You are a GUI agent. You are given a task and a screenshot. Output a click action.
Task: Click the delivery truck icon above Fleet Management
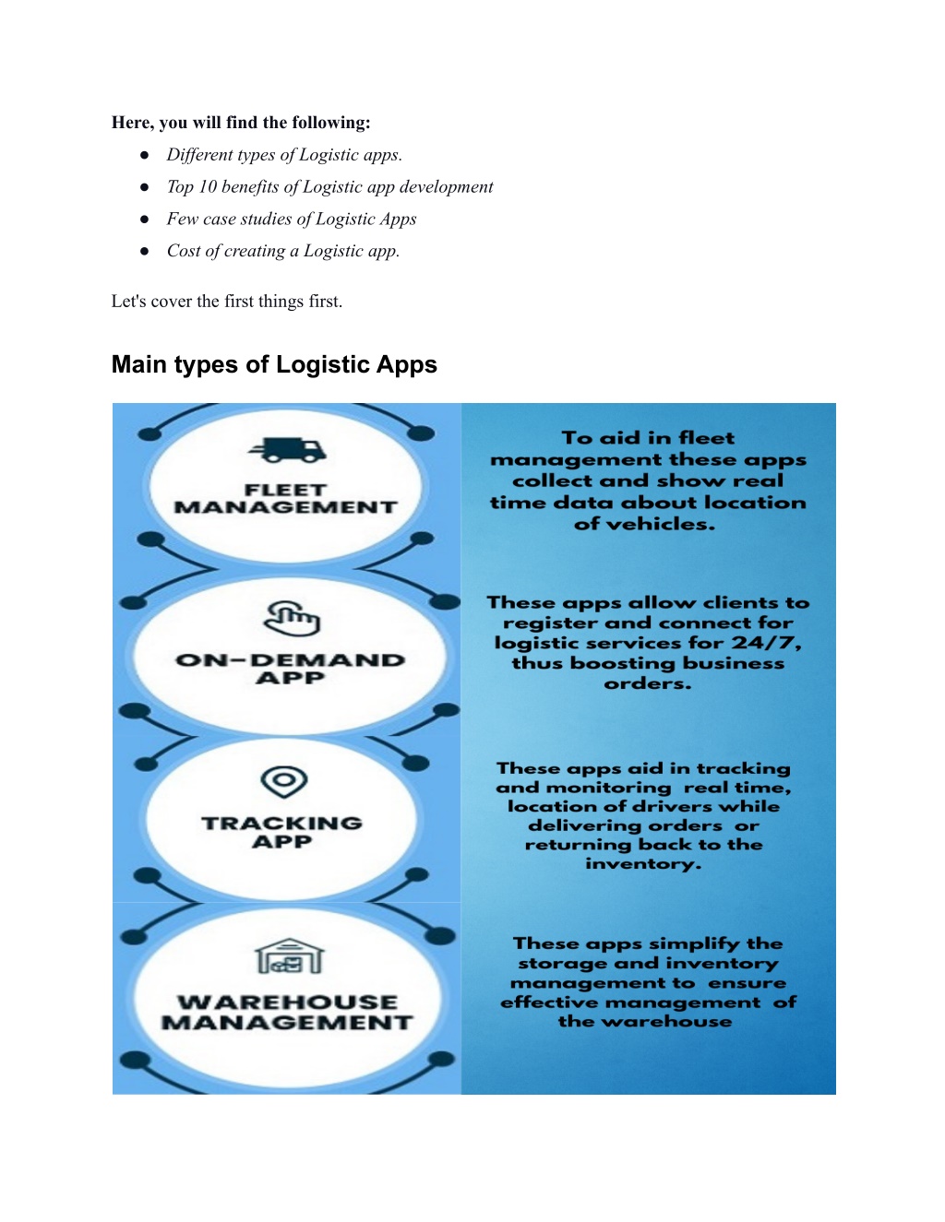click(x=287, y=450)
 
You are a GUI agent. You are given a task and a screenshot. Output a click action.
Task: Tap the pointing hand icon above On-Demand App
click(x=292, y=618)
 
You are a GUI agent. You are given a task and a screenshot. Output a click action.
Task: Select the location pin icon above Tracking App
click(x=284, y=782)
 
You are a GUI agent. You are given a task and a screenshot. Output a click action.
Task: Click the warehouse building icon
click(x=290, y=956)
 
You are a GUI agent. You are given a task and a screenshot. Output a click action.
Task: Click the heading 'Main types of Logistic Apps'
click(x=274, y=364)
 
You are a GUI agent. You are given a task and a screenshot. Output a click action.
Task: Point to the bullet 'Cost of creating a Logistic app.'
click(x=283, y=251)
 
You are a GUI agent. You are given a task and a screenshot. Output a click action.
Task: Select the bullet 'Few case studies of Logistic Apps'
click(x=292, y=219)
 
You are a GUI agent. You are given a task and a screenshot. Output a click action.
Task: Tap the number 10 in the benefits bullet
click(x=208, y=186)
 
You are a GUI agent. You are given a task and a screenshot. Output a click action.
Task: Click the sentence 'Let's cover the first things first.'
click(x=227, y=302)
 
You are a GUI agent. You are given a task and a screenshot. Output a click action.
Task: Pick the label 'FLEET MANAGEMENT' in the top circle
click(x=286, y=499)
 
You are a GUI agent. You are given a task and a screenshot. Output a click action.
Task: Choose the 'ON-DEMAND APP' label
click(x=291, y=669)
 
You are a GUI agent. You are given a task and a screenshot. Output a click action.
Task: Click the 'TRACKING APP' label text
click(x=281, y=832)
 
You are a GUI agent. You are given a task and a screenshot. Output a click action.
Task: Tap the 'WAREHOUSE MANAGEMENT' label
click(x=287, y=1013)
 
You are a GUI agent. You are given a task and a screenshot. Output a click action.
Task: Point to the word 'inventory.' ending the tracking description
click(x=643, y=863)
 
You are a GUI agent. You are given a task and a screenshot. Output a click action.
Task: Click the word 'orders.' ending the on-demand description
click(x=648, y=683)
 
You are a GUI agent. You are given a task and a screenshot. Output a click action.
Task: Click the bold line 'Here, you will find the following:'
click(x=241, y=123)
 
